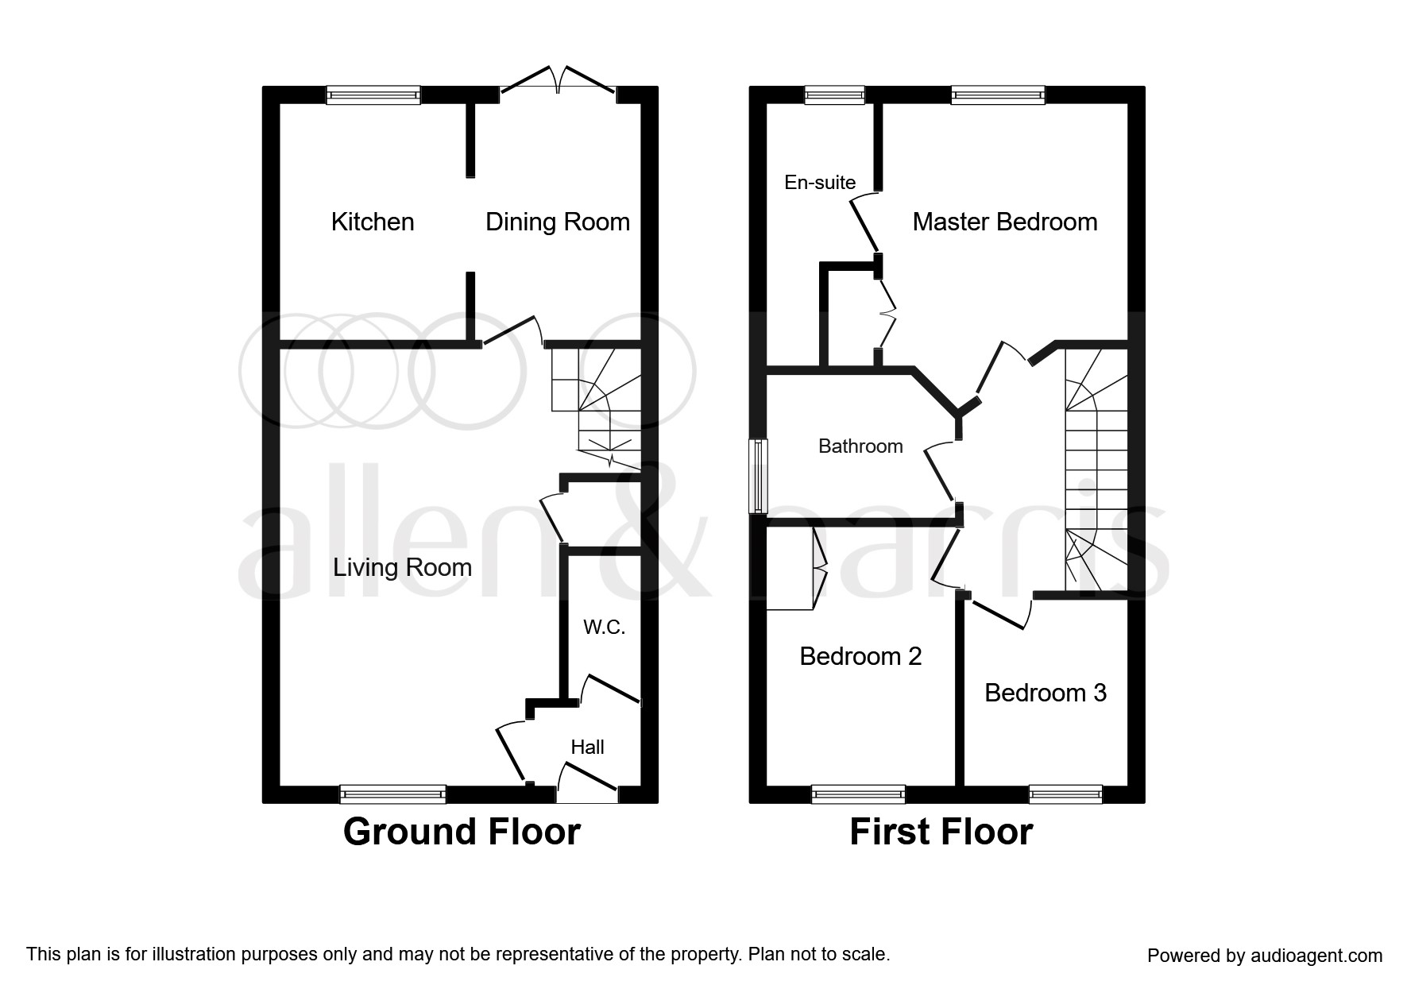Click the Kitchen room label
[x=373, y=222]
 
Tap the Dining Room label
[x=557, y=222]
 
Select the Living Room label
[x=402, y=567]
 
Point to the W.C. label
[x=604, y=628]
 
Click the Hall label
[x=587, y=747]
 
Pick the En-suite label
[x=820, y=182]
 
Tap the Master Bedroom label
[x=1004, y=222]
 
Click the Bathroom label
[x=860, y=446]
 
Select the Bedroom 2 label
[x=860, y=656]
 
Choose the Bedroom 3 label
[x=1045, y=693]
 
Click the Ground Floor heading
[x=462, y=832]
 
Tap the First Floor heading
[x=941, y=832]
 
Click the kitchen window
[x=373, y=95]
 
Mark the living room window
[x=392, y=793]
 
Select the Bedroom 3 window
[x=1065, y=793]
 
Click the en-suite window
[x=834, y=95]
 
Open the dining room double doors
[x=559, y=83]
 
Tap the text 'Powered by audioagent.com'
[x=1264, y=956]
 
